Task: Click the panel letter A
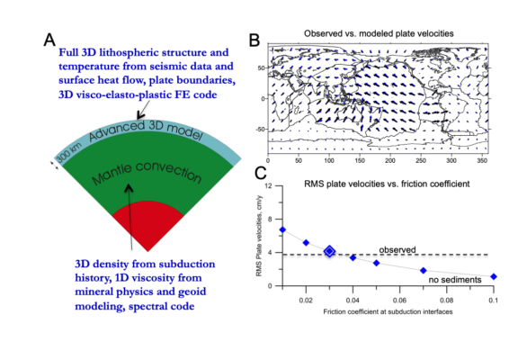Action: (x=51, y=40)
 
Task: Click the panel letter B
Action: (x=255, y=40)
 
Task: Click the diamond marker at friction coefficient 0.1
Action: (x=494, y=277)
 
